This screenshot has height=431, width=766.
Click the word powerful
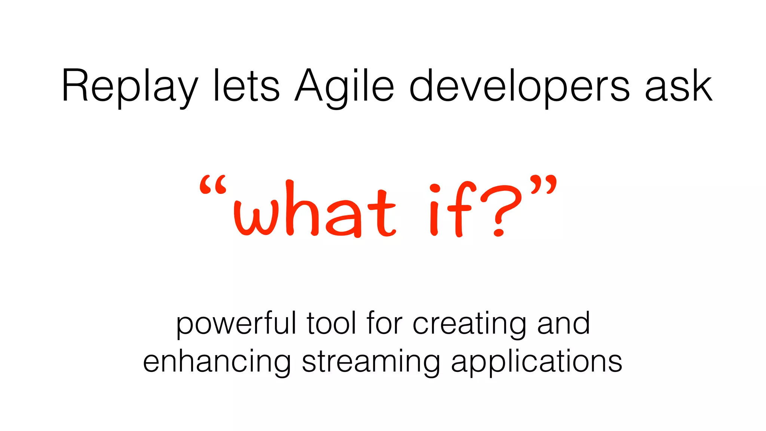[236, 324]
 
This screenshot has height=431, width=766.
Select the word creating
[469, 324]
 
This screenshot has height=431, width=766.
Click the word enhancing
[217, 362]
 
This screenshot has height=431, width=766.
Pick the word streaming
[371, 362]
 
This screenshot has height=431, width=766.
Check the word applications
[536, 362]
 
